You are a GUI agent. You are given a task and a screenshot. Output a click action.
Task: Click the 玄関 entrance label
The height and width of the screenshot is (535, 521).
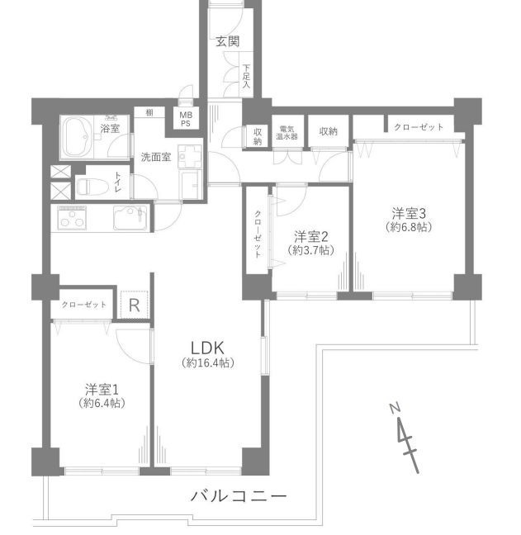(x=228, y=41)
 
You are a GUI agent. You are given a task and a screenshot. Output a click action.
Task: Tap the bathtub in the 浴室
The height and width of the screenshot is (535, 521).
(x=77, y=138)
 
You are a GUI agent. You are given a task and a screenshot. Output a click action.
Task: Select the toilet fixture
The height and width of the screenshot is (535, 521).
(x=92, y=187)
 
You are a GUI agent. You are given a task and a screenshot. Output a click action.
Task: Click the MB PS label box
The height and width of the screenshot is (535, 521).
(x=186, y=120)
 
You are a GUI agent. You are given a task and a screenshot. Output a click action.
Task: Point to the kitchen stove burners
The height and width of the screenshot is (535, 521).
(x=72, y=217)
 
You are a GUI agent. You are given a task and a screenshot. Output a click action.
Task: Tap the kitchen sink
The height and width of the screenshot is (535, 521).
(x=130, y=218)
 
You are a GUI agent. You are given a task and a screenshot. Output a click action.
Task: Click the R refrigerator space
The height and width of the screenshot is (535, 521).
(x=134, y=305)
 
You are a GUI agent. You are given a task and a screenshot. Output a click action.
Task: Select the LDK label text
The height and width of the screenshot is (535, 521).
(x=207, y=348)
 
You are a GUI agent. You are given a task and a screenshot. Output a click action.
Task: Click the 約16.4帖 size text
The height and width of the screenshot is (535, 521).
(x=208, y=362)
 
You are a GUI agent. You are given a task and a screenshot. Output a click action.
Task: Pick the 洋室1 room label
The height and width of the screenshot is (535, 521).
(x=102, y=390)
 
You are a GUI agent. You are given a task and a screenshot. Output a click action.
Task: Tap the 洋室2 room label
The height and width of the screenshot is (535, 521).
(x=310, y=236)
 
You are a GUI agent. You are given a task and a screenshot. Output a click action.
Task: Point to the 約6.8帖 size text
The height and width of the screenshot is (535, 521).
(x=409, y=226)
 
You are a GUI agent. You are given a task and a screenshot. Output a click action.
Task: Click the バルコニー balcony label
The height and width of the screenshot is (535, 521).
(x=238, y=495)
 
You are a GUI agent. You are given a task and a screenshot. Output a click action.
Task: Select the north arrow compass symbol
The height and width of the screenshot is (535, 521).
(x=406, y=438)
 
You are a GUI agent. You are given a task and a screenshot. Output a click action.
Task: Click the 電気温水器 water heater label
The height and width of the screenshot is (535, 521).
(x=287, y=133)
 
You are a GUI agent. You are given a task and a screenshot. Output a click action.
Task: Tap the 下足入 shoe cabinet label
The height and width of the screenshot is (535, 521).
(x=246, y=76)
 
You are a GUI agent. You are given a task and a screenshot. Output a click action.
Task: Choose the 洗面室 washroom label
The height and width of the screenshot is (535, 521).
(x=156, y=157)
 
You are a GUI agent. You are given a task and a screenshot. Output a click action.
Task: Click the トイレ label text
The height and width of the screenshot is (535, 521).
(x=118, y=182)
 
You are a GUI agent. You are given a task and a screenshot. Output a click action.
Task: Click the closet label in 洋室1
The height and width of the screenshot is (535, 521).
(x=84, y=305)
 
